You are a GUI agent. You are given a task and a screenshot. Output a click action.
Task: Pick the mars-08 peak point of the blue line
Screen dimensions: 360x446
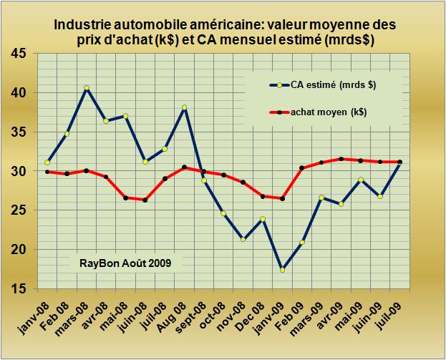pos(87,88)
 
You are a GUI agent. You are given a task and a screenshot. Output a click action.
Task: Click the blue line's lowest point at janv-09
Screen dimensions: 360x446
pos(283,270)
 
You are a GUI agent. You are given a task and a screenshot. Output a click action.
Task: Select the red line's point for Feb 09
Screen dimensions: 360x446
pos(302,167)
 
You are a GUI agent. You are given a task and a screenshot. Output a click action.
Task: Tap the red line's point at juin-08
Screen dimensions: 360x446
pos(145,200)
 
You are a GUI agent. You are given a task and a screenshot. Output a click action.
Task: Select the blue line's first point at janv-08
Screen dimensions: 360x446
pos(47,162)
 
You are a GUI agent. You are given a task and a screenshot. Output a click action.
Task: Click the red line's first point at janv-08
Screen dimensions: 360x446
pos(47,172)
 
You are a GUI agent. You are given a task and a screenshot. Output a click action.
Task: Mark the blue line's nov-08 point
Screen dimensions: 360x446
pos(243,239)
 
